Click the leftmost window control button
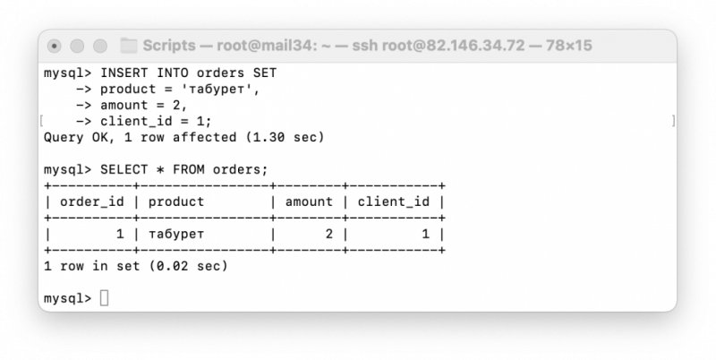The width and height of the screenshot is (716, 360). pyautogui.click(x=55, y=46)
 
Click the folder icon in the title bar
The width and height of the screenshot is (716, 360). pyautogui.click(x=128, y=46)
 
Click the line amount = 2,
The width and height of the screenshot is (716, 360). pyautogui.click(x=144, y=105)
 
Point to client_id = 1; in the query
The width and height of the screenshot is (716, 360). pyautogui.click(x=156, y=122)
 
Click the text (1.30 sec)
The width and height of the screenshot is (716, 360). pyautogui.click(x=285, y=138)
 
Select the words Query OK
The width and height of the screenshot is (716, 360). pyautogui.click(x=76, y=138)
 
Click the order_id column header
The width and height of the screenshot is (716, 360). pyautogui.click(x=92, y=201)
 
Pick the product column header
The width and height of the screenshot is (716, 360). pyautogui.click(x=176, y=201)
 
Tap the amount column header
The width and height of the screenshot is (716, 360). pyautogui.click(x=309, y=201)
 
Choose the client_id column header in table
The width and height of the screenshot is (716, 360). pyautogui.click(x=394, y=201)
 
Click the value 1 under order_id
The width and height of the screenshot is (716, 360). pyautogui.click(x=120, y=235)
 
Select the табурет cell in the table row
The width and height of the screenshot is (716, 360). pyautogui.click(x=176, y=235)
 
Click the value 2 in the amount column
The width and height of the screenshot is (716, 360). pyautogui.click(x=328, y=235)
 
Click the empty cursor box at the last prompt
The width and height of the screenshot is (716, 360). pyautogui.click(x=104, y=298)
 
